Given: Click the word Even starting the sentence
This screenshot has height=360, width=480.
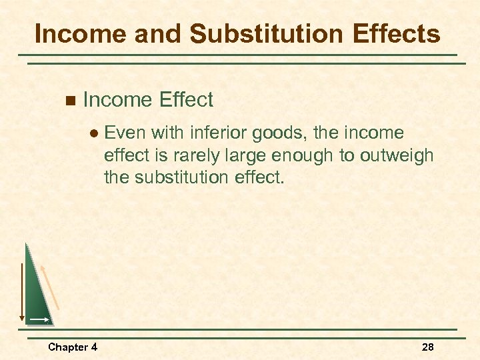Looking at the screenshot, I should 125,133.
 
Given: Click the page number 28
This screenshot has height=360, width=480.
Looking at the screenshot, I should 428,347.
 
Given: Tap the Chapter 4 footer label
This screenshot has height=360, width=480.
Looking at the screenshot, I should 73,347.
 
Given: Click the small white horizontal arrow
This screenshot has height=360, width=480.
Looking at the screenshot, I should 39,320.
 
